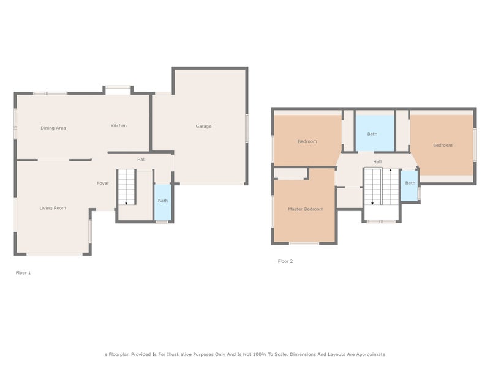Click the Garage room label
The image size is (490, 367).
click(x=203, y=127)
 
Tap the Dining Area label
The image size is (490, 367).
click(x=53, y=128)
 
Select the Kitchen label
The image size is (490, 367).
click(x=118, y=126)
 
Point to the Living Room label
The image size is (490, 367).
click(x=53, y=208)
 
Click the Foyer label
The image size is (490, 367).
click(x=103, y=183)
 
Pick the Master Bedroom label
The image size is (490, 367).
click(x=306, y=209)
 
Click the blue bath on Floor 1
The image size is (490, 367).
click(x=163, y=202)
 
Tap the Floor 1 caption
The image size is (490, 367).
click(x=23, y=273)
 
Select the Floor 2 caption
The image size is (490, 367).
click(x=285, y=261)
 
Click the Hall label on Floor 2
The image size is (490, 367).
click(x=377, y=162)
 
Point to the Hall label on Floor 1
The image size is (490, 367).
click(x=141, y=160)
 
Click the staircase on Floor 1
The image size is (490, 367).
click(x=127, y=187)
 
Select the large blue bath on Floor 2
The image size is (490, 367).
click(x=375, y=133)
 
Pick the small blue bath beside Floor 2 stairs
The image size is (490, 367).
click(x=409, y=186)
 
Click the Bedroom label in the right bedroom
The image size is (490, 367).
click(x=442, y=145)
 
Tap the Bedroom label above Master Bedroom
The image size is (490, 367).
click(x=307, y=141)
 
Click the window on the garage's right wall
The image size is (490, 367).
click(x=247, y=128)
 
